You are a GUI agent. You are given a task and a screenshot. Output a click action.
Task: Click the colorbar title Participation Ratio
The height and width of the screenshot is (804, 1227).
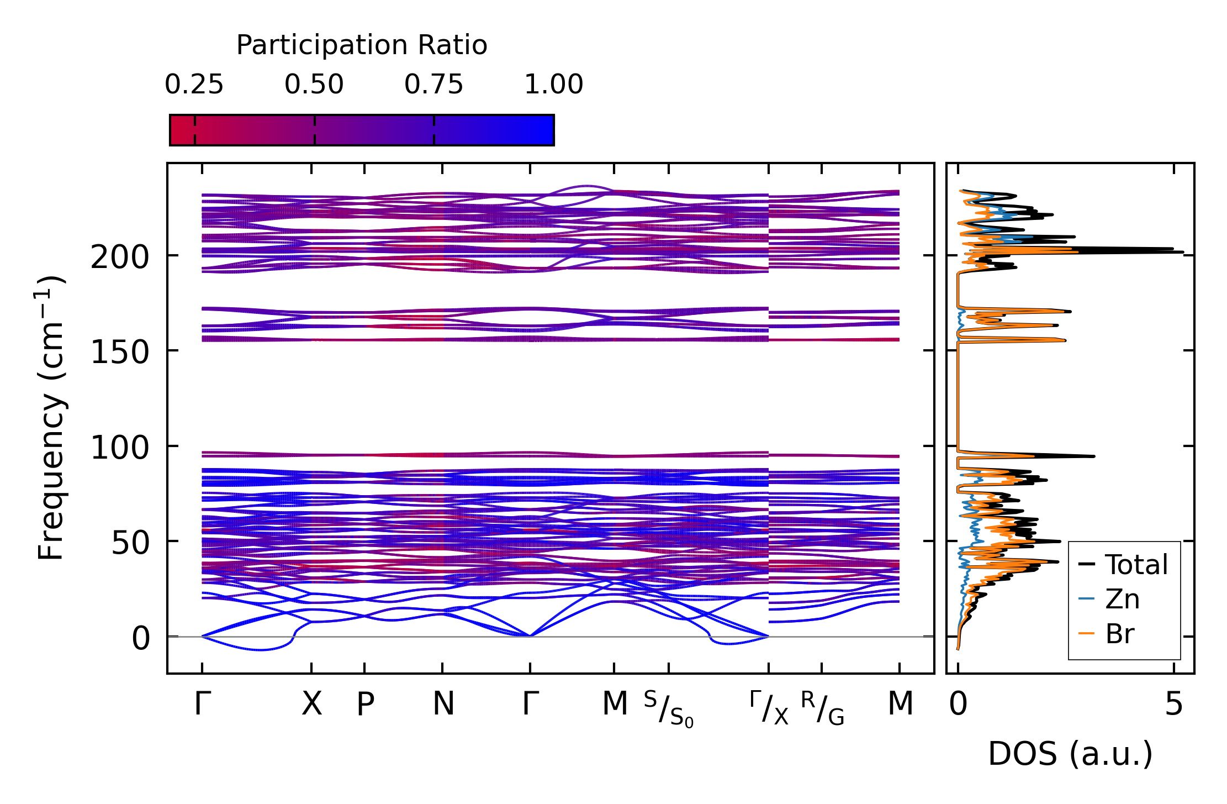point(362,45)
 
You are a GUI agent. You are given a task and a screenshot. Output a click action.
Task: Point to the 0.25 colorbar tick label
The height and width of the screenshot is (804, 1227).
point(194,85)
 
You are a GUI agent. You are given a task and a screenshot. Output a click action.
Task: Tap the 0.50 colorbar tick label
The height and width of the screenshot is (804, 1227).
point(314,85)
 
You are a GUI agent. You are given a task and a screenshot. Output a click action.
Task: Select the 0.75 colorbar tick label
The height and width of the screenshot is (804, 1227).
point(433,85)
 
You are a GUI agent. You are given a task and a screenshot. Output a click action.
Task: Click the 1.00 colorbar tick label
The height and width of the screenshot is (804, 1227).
point(553,85)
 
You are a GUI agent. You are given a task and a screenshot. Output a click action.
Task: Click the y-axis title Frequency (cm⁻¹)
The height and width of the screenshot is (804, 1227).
point(51,418)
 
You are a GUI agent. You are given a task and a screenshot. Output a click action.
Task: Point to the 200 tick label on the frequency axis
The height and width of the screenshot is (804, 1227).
point(120,258)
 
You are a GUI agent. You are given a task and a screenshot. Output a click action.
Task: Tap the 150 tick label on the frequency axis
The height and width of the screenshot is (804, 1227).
point(120,353)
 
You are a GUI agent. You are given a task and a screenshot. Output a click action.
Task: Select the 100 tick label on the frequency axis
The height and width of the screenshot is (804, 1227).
point(120,448)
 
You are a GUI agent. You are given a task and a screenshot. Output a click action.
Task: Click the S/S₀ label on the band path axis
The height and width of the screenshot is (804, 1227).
point(668,709)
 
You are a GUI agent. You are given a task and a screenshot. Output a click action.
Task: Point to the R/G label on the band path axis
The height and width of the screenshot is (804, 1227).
point(822,708)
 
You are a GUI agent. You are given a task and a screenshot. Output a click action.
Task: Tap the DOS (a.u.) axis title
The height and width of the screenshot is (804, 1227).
point(1070,754)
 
